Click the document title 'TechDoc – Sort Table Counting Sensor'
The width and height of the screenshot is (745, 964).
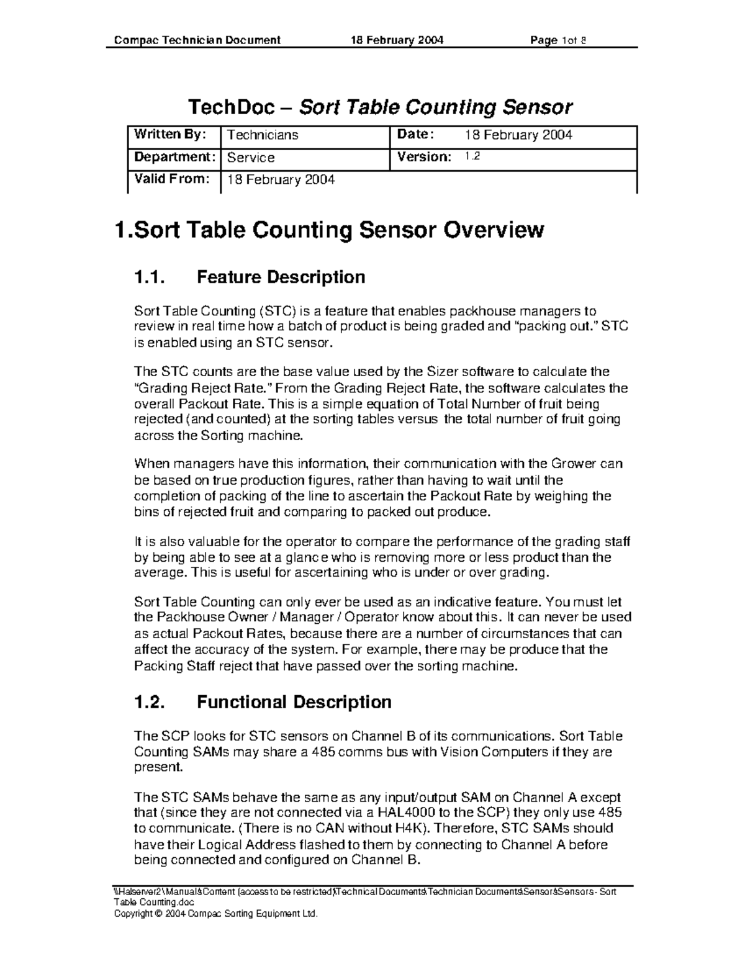379,107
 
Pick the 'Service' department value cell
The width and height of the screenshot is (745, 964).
251,158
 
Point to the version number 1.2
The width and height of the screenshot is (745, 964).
472,157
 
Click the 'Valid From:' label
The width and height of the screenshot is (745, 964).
172,179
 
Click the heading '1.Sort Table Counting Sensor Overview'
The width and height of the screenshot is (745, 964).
330,230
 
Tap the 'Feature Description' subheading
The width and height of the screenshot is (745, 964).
281,277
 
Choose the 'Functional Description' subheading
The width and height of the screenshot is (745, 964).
294,702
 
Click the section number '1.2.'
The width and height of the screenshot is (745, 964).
150,702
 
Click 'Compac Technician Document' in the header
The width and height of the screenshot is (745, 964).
197,40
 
